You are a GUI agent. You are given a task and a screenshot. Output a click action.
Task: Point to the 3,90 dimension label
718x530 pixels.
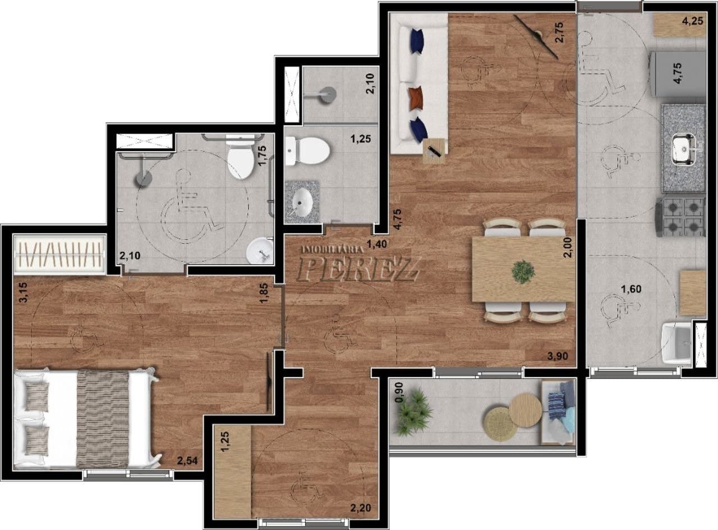click(x=558, y=356)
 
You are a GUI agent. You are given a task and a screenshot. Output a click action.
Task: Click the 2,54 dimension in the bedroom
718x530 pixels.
click(x=187, y=461)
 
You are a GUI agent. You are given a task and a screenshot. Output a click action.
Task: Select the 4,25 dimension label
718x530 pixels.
click(x=693, y=21)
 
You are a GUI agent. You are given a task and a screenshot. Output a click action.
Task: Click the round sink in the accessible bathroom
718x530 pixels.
click(x=259, y=250)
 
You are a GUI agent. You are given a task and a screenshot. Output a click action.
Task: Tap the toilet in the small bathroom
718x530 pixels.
click(x=307, y=150)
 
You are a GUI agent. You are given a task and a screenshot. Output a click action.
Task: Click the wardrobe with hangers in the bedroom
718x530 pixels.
click(x=59, y=254)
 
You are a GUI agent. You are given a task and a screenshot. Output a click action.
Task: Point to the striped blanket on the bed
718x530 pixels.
click(x=103, y=419)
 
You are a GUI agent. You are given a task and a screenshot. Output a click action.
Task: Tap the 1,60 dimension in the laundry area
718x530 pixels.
click(x=631, y=289)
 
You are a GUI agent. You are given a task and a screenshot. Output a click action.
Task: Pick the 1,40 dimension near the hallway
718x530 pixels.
click(x=376, y=244)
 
